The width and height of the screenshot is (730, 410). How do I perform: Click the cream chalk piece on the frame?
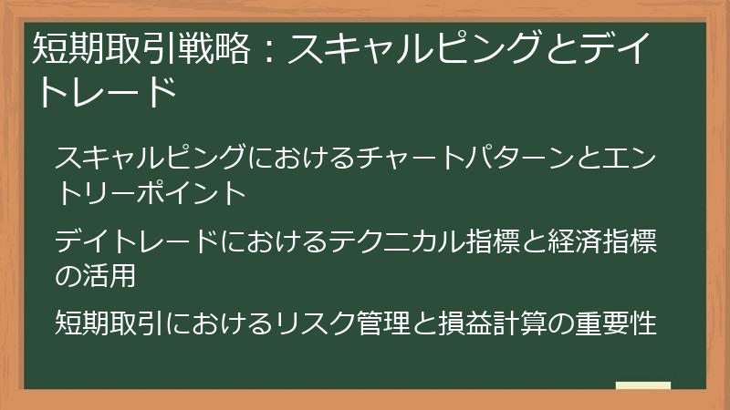tap(642, 386)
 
